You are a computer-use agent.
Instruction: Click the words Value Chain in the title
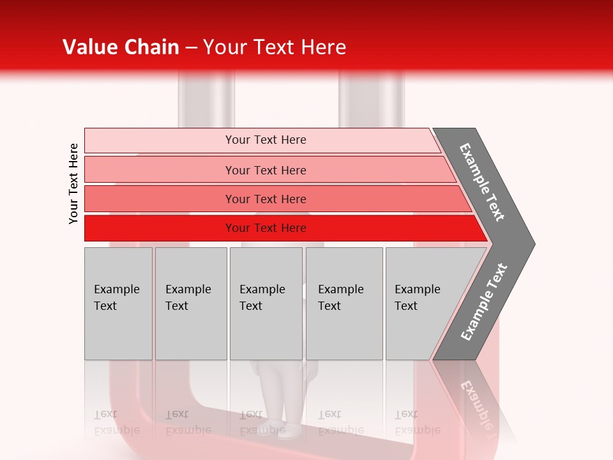121,47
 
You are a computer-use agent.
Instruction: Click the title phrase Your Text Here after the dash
275,47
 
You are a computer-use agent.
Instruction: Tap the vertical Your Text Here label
73,183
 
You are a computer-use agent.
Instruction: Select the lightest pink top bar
160,141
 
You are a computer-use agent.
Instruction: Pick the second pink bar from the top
160,170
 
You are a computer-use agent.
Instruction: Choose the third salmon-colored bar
160,199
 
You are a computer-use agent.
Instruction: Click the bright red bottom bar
160,228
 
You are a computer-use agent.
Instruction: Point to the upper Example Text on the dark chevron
482,182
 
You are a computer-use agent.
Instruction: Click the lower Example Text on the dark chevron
484,302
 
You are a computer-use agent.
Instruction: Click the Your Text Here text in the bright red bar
266,228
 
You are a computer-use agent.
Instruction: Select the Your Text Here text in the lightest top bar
266,140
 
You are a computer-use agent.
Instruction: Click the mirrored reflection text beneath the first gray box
116,422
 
